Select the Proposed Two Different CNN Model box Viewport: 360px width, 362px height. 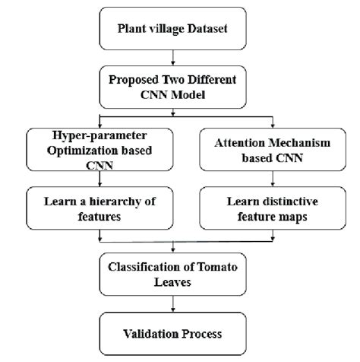[x=175, y=86]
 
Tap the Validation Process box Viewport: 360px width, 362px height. [x=175, y=332]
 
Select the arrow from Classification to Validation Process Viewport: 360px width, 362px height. [x=175, y=303]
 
